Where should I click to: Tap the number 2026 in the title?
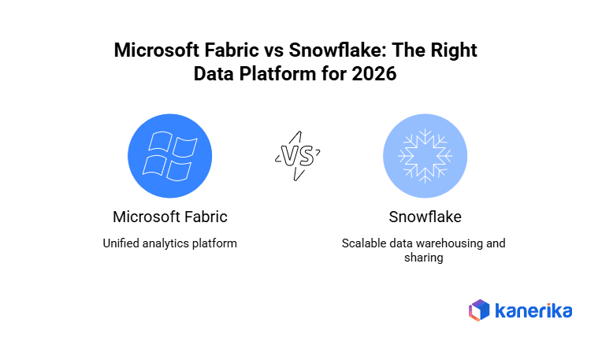385,74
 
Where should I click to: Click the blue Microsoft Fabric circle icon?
170,155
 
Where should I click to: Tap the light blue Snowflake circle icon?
425,155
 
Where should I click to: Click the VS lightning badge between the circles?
296,156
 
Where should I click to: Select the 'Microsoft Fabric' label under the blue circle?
170,217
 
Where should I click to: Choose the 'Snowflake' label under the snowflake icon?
424,217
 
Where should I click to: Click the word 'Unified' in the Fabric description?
121,243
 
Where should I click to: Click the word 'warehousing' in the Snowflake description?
448,243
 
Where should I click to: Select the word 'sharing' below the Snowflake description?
424,258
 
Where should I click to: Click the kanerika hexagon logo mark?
479,310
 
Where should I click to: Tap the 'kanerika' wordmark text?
533,310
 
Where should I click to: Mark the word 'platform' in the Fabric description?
215,243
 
